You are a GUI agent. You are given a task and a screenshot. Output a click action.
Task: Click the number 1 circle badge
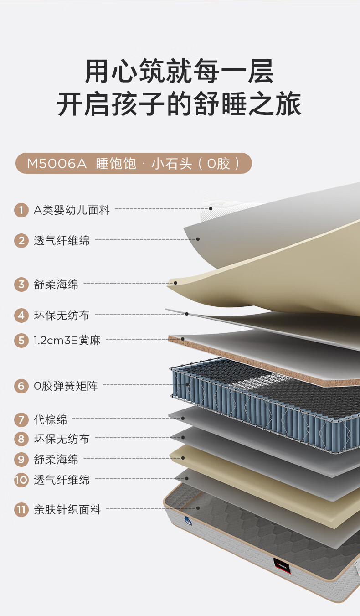pos(21,210)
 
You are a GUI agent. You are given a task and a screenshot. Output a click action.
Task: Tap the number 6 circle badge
pos(21,386)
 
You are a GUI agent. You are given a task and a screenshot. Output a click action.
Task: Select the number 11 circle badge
pos(21,509)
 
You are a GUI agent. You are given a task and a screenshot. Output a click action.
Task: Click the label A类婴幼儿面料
pos(72,210)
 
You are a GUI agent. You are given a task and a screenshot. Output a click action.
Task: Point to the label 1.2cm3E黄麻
pos(67,340)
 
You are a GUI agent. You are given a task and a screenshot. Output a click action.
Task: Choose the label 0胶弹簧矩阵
pos(66,386)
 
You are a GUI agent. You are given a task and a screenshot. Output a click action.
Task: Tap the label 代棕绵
pos(50,419)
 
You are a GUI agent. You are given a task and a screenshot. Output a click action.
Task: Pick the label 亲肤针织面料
pos(67,509)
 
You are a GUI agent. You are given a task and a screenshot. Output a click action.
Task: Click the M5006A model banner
pos(134,163)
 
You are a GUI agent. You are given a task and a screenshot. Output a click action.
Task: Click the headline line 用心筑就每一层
pos(180,72)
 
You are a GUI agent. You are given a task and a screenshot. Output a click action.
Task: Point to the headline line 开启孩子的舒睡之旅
pos(180,104)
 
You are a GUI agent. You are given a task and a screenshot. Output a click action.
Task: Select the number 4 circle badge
pos(21,315)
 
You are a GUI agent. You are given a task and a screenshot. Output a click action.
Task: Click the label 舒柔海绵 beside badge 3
pos(56,285)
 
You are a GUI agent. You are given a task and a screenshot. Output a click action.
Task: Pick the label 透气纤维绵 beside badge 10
pos(62,480)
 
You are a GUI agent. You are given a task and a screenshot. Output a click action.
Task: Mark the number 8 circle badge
pos(21,439)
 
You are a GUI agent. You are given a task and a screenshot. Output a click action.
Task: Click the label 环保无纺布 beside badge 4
pos(62,315)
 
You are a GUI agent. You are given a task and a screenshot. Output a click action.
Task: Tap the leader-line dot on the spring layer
pos(187,385)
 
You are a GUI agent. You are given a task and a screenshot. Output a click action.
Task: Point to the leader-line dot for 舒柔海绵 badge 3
pos(175,283)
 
